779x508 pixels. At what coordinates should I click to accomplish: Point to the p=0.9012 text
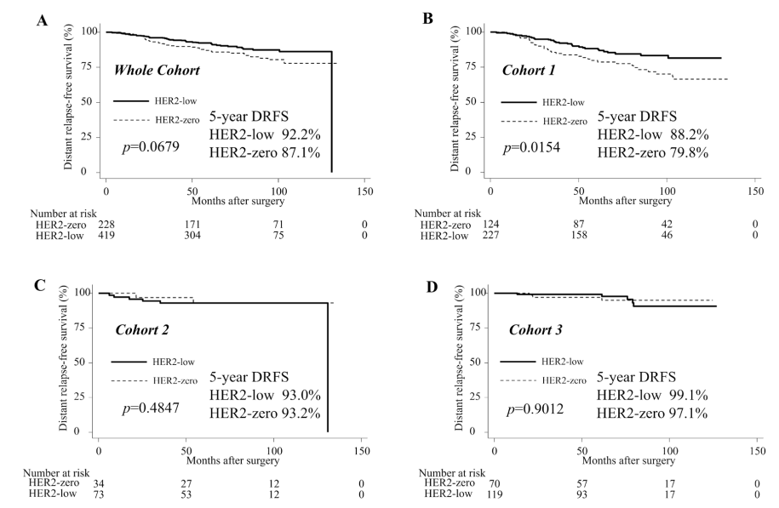535,409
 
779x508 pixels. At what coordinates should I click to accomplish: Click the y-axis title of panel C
63,361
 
